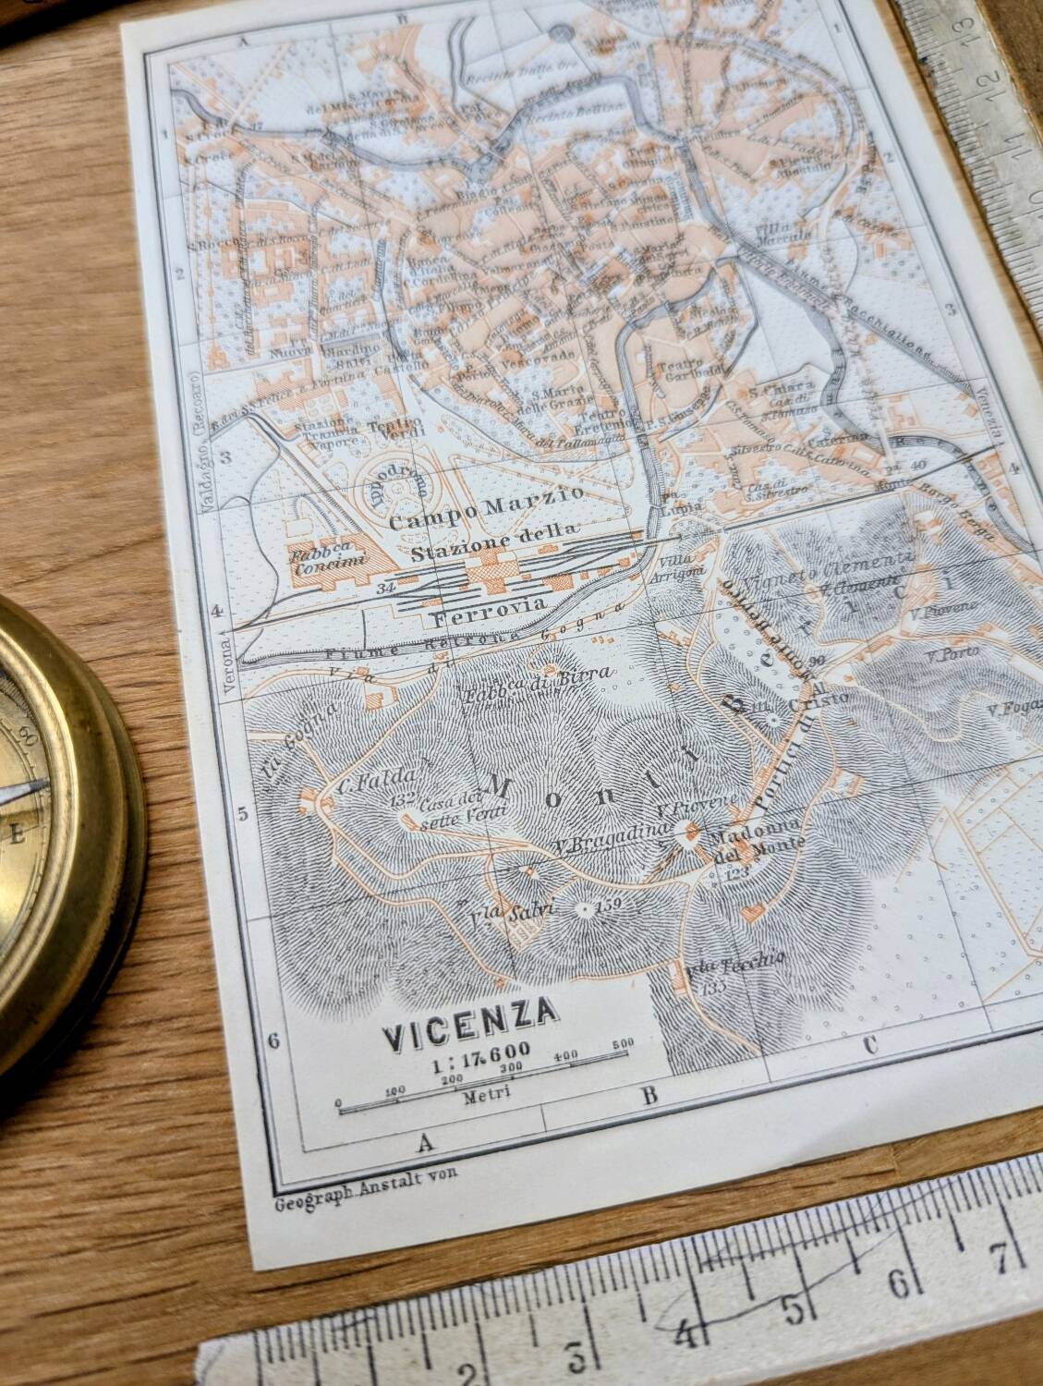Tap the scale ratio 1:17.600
click(479, 1049)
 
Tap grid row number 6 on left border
click(273, 1039)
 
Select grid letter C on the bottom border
click(868, 1046)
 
